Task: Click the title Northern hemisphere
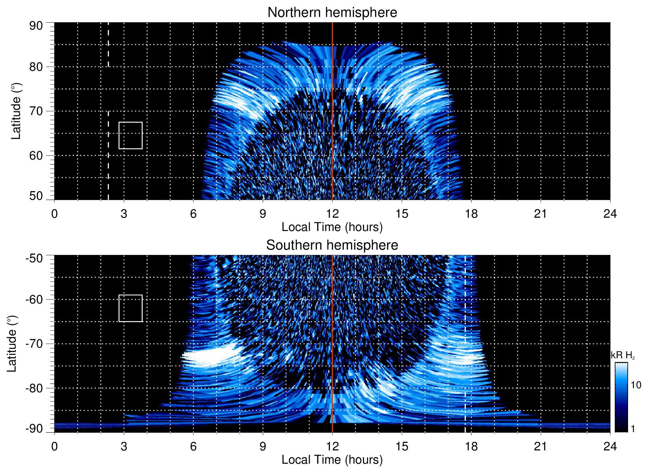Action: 332,13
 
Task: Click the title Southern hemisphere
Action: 332,245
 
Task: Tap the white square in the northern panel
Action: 131,135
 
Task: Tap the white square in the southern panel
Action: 131,308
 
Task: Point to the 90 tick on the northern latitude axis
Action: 36,26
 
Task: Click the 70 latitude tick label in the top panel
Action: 36,111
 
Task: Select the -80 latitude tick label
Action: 34,388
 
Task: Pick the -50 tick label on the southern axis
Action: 34,258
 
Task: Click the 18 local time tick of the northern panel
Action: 471,213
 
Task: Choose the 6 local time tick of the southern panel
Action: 193,446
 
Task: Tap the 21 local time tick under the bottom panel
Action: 541,446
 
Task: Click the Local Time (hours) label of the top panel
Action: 332,227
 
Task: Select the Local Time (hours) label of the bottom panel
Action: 332,460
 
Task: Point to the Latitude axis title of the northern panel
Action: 16,111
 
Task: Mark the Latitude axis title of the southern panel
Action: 12,344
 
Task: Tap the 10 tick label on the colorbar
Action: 636,385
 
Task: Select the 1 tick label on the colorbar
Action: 633,429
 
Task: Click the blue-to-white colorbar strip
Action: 621,397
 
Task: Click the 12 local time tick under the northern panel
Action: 332,213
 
